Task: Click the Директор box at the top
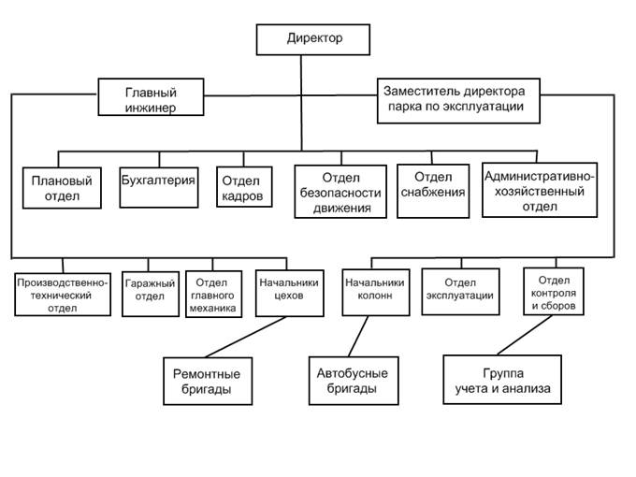click(313, 39)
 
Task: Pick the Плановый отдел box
click(62, 187)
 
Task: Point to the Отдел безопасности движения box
click(340, 192)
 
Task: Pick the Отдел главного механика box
click(212, 294)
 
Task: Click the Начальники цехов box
click(288, 291)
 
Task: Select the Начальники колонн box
click(373, 292)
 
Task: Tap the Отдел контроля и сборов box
click(555, 291)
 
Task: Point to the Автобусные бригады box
click(347, 380)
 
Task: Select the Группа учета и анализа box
click(502, 380)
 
